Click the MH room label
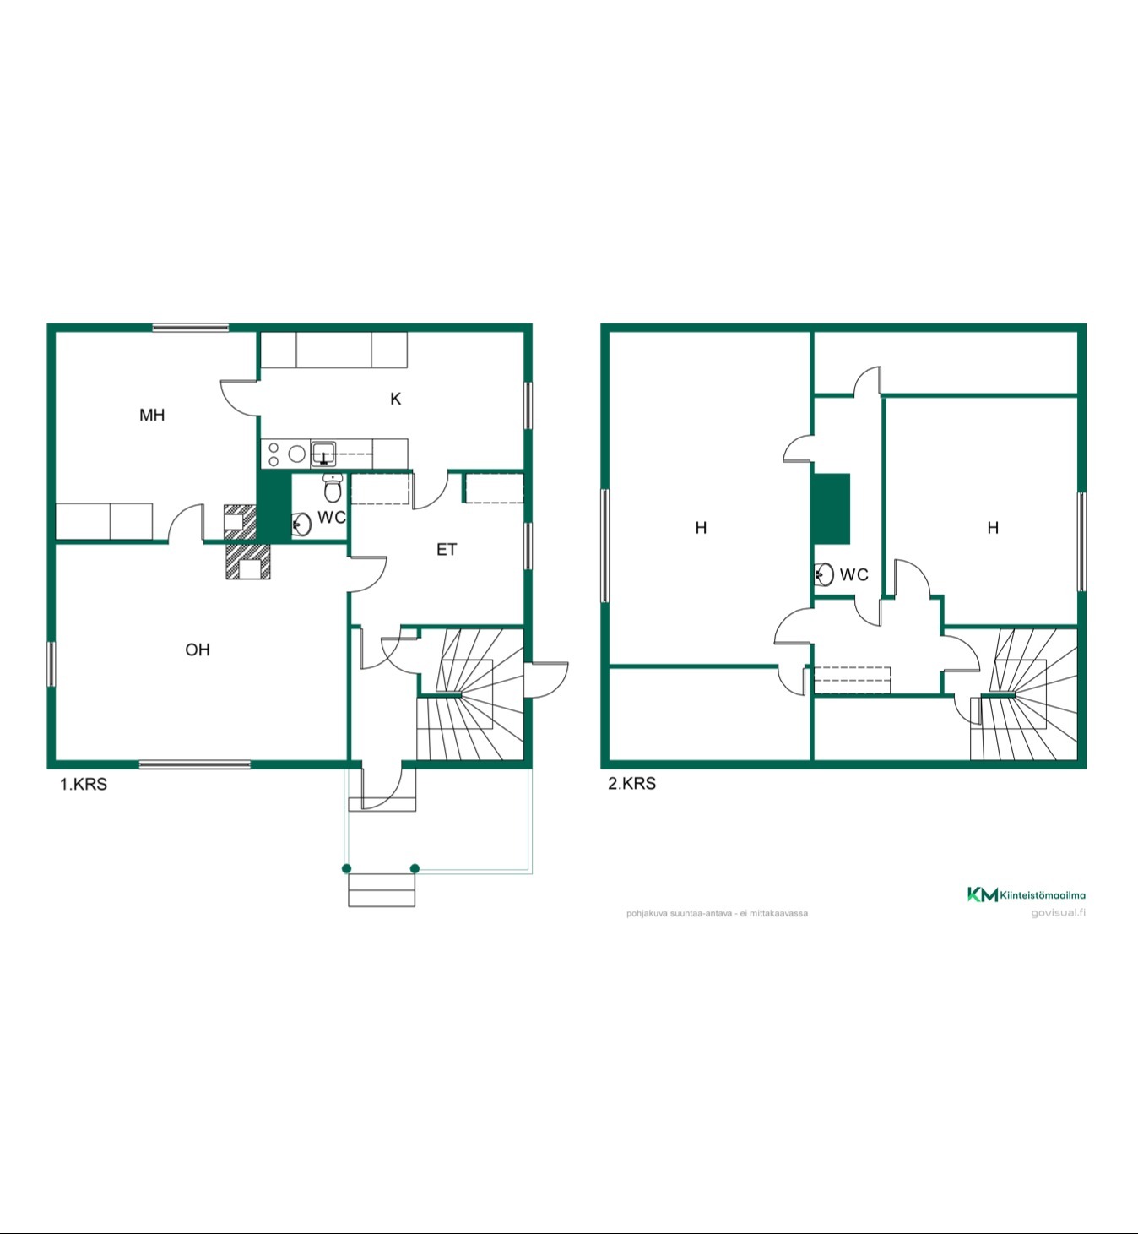click(152, 415)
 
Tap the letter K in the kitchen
click(396, 399)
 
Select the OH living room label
click(198, 650)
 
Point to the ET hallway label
click(447, 549)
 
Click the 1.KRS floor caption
click(84, 784)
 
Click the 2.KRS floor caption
click(631, 784)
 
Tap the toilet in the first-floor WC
click(333, 488)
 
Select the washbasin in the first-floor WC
click(301, 525)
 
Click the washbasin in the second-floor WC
click(824, 574)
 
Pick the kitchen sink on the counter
click(323, 454)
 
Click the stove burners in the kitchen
click(285, 454)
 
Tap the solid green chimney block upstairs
click(832, 509)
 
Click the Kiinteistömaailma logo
click(1027, 894)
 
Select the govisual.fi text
click(1059, 913)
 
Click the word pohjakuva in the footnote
click(643, 913)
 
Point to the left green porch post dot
click(347, 868)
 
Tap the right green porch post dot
click(415, 868)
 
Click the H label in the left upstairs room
click(701, 528)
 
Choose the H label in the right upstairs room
click(993, 528)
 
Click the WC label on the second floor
click(854, 574)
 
